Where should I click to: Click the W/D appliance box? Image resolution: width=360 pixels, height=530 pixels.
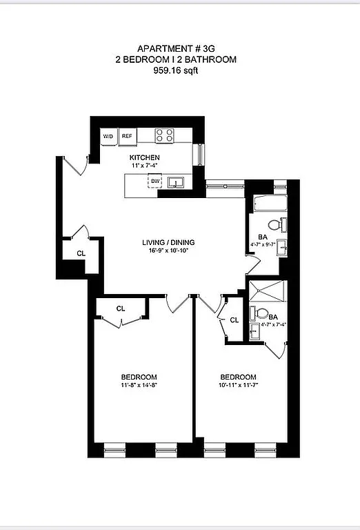(x=108, y=137)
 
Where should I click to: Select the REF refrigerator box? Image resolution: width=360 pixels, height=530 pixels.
(x=127, y=137)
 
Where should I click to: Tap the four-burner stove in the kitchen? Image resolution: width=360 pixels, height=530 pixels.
(x=163, y=135)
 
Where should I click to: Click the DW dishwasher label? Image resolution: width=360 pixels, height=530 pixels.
(x=155, y=182)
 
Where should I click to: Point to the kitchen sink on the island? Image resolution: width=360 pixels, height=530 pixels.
(x=177, y=183)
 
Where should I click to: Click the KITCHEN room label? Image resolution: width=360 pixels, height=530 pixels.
(x=145, y=158)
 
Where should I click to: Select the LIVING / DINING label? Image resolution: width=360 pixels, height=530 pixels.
(x=168, y=242)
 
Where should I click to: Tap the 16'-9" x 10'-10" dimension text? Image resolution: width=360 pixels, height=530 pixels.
(x=168, y=251)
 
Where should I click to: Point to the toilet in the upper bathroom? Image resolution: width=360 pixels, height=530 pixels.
(x=277, y=224)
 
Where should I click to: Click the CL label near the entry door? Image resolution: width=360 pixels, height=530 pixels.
(x=81, y=253)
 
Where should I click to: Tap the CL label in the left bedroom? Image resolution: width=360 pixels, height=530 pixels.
(x=121, y=308)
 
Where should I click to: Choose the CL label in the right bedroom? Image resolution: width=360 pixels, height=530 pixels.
(x=234, y=320)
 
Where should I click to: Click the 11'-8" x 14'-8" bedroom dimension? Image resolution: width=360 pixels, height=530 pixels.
(x=141, y=384)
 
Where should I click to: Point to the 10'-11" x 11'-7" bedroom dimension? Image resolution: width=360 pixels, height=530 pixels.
(x=238, y=384)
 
